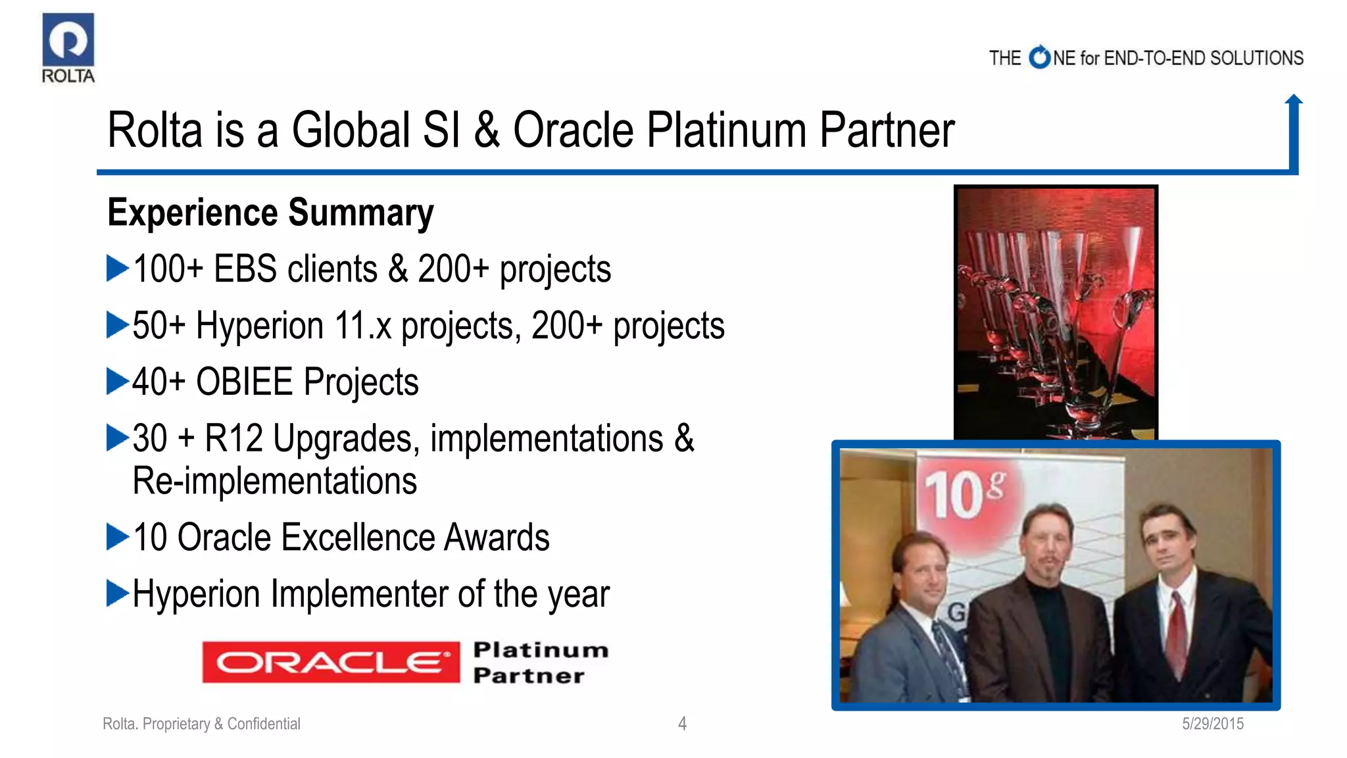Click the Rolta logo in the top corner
[x=68, y=47]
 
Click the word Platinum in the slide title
[x=726, y=130]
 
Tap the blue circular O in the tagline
[x=1040, y=58]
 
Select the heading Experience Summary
[x=270, y=213]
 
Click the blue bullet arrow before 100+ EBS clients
[x=117, y=268]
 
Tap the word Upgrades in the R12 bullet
[x=346, y=439]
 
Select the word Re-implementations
[x=274, y=481]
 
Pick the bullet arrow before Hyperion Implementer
[x=117, y=594]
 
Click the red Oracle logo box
[x=331, y=662]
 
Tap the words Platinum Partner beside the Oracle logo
[x=539, y=663]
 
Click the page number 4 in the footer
[x=682, y=724]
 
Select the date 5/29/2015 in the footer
[x=1212, y=724]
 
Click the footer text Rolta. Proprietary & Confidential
[x=201, y=724]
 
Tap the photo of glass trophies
[x=1056, y=313]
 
